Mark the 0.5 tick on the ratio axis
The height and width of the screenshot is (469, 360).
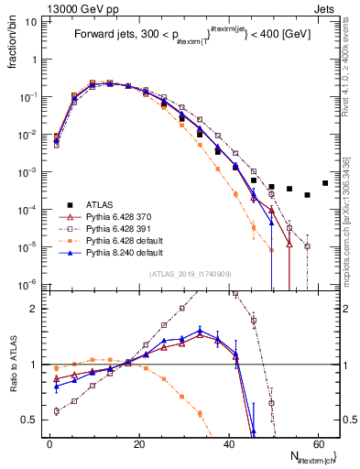33,420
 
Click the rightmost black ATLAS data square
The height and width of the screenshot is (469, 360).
325,182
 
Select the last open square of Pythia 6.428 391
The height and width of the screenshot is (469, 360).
307,245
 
